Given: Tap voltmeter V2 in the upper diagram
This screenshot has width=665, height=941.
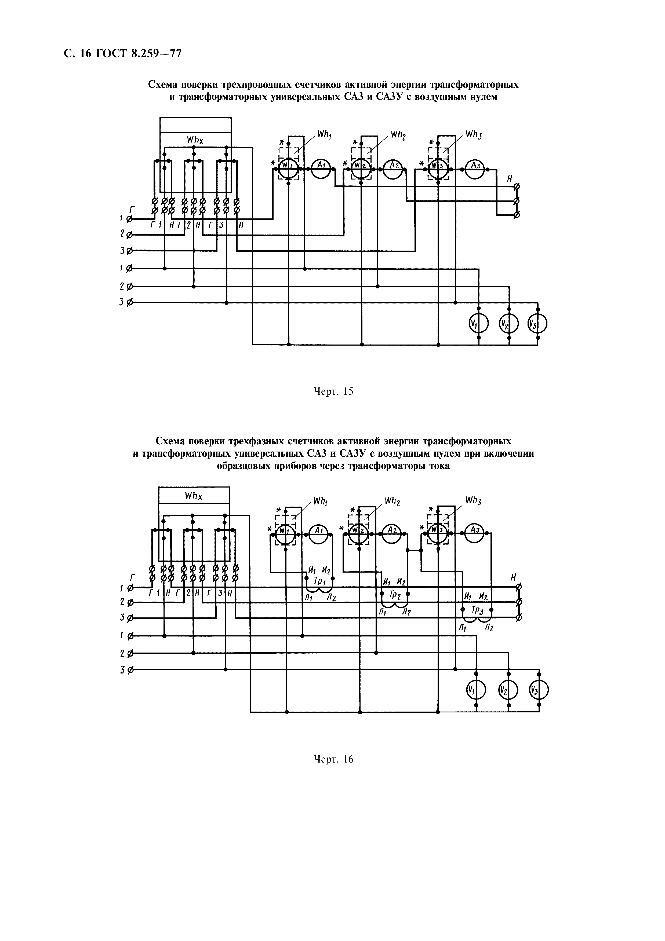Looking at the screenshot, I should [508, 325].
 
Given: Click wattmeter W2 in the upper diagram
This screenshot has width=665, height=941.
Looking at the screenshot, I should [361, 168].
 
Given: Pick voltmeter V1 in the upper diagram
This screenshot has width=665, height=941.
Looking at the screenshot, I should [478, 325].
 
